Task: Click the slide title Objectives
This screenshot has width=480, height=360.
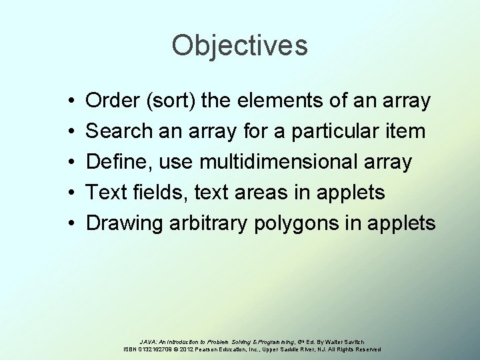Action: (x=239, y=46)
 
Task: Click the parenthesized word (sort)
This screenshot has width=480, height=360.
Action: (x=170, y=102)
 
